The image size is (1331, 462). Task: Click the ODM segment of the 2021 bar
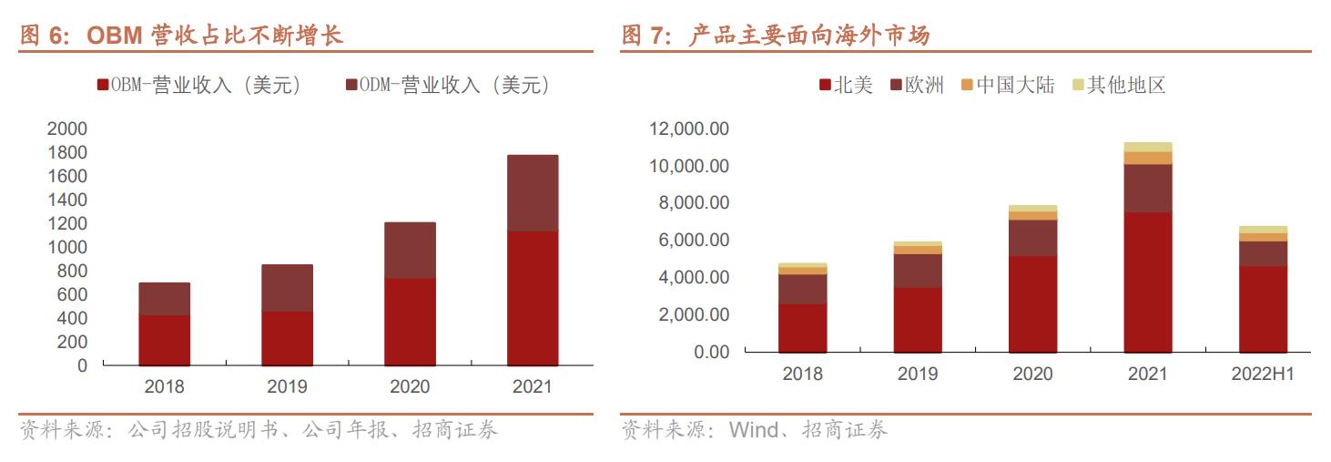(533, 193)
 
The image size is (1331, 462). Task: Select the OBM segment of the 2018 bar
(164, 340)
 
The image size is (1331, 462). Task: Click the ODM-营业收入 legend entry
(448, 85)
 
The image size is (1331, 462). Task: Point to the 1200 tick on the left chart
(69, 223)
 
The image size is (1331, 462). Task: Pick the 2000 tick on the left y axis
(69, 128)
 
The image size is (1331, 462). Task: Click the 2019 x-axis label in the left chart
(287, 386)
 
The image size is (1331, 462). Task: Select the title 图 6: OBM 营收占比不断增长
(182, 36)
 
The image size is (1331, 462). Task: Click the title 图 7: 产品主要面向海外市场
(776, 36)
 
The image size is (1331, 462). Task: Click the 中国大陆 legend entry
(1007, 85)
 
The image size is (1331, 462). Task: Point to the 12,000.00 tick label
(688, 129)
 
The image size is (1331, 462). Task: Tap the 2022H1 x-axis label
(1263, 375)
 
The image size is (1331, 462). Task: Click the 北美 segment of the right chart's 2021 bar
(1147, 282)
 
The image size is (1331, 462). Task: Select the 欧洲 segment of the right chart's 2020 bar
(1032, 238)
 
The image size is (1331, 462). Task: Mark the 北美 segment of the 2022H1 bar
(1263, 309)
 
